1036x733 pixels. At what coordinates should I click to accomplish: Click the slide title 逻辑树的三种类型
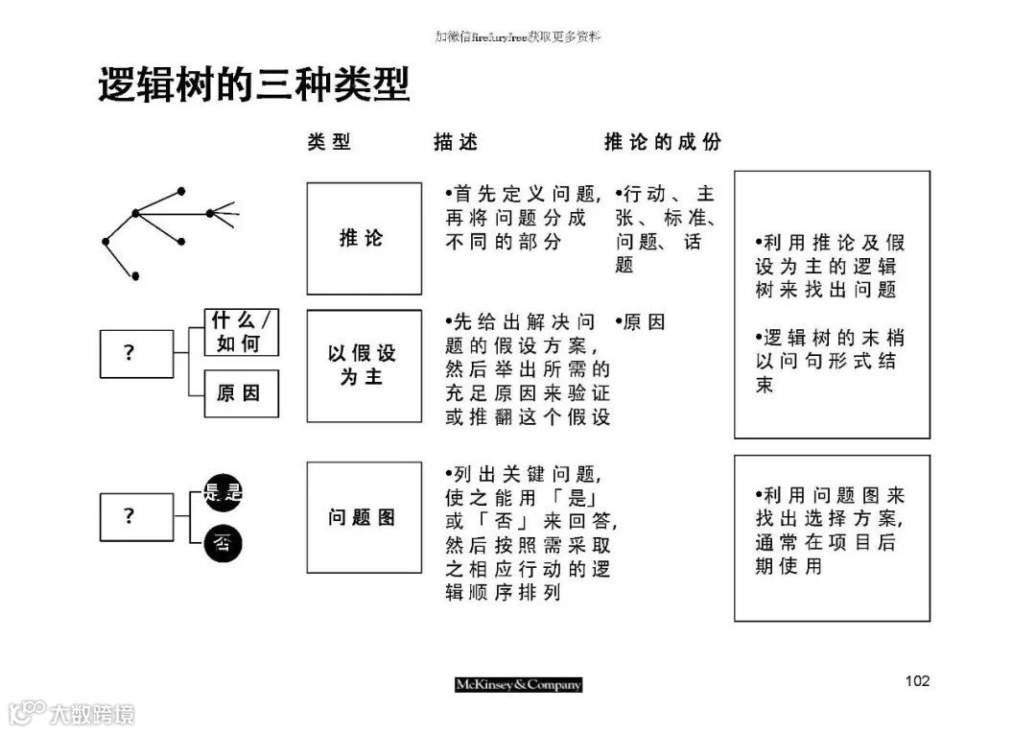(254, 85)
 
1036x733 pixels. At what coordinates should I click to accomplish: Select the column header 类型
(329, 142)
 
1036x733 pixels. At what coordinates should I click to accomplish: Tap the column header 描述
(456, 142)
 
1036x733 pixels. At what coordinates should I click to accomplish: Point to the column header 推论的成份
(662, 142)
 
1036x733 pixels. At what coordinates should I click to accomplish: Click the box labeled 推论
(364, 238)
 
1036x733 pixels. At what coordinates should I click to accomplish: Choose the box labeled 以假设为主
(364, 366)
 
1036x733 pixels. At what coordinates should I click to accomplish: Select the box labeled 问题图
(364, 517)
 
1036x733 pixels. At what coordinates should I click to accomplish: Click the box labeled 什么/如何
(241, 332)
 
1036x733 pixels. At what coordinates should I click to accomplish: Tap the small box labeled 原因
(241, 393)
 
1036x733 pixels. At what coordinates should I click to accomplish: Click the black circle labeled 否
(223, 545)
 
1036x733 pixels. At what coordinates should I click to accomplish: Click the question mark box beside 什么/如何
(129, 353)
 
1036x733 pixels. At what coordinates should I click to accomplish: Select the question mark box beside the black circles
(129, 516)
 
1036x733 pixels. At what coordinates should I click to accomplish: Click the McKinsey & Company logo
(518, 684)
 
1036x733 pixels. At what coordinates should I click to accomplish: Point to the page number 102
(917, 681)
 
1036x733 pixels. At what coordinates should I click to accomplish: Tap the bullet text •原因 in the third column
(640, 322)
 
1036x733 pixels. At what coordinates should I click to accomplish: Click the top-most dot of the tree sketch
(181, 191)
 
